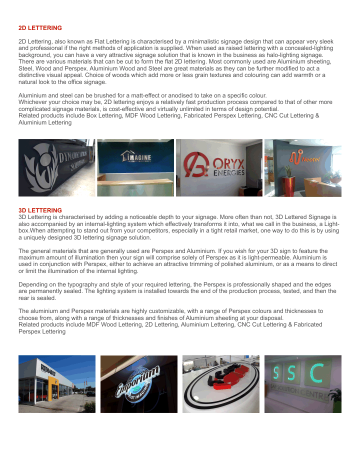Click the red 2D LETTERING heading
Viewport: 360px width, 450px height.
coord(40,28)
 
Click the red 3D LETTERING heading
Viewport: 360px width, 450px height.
coord(40,210)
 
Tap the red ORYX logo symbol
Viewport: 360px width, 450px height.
coord(195,165)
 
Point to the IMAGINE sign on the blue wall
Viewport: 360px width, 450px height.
coord(136,157)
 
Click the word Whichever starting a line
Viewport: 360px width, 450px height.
coord(33,102)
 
